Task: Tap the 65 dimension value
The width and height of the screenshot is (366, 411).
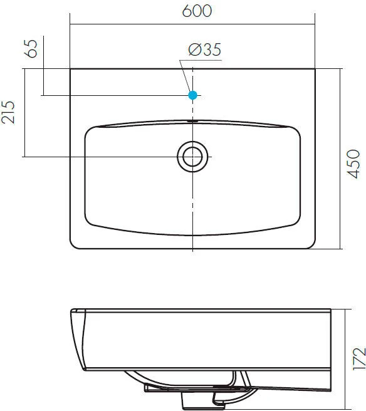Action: tap(33, 49)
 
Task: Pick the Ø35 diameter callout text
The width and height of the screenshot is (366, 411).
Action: tap(204, 51)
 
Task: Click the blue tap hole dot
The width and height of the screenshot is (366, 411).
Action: tap(193, 95)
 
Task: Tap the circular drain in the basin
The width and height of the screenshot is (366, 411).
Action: tap(193, 156)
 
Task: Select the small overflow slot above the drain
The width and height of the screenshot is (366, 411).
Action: tap(193, 120)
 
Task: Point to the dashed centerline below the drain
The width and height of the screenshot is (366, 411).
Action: tap(193, 207)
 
